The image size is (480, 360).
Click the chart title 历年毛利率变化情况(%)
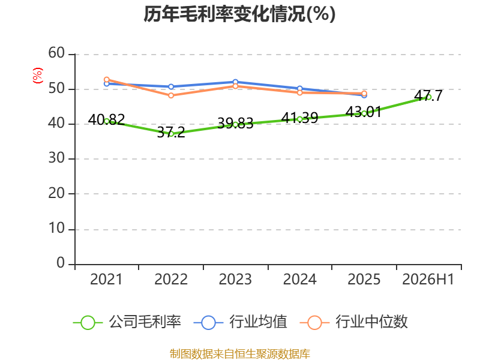click(239, 14)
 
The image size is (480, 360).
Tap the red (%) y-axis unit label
click(38, 76)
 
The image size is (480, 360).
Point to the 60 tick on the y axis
click(56, 53)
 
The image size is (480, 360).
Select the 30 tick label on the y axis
click(56, 158)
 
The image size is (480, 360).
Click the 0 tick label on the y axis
click(61, 263)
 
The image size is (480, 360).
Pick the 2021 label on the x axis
click(106, 279)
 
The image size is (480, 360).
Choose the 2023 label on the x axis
click(235, 279)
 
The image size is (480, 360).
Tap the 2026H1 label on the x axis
click(428, 279)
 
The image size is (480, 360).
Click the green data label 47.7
click(428, 95)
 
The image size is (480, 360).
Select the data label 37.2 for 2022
click(171, 132)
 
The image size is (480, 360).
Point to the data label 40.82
click(106, 119)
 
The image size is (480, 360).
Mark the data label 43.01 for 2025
click(364, 112)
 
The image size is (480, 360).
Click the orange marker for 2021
click(107, 80)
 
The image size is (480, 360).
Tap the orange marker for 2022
click(171, 95)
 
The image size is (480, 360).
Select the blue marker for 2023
click(235, 82)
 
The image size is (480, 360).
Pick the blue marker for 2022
click(171, 86)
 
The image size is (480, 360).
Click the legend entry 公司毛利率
click(127, 322)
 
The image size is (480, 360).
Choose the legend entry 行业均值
click(241, 322)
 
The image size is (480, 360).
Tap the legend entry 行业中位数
click(354, 322)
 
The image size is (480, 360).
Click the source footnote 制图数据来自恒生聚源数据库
click(240, 354)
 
